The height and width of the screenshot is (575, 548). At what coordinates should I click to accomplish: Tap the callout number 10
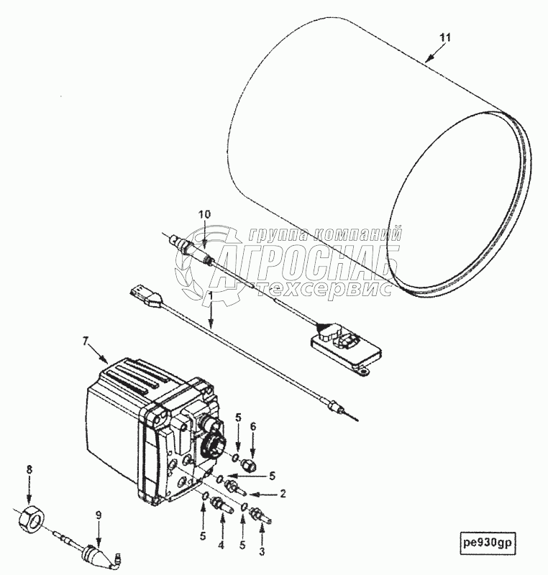pos(205,214)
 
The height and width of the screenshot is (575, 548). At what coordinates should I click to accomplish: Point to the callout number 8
pos(29,470)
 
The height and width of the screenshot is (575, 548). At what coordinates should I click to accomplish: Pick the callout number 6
pos(252,427)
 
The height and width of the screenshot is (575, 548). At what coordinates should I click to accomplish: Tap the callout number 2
pos(283,494)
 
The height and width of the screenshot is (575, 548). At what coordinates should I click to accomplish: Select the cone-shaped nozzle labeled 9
pos(93,555)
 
